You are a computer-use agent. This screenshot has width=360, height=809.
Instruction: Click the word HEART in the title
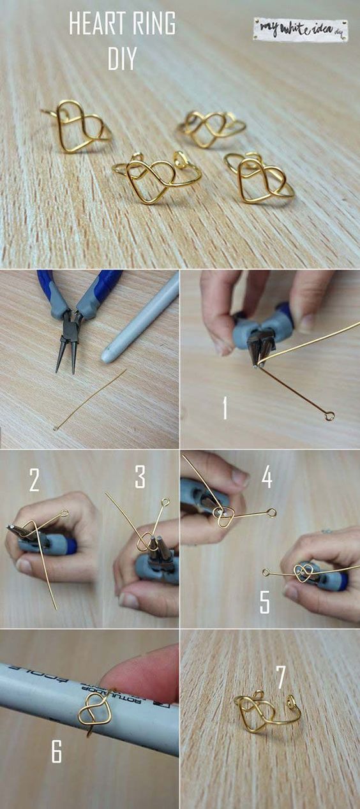click(x=96, y=26)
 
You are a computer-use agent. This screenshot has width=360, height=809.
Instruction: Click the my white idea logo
click(x=299, y=29)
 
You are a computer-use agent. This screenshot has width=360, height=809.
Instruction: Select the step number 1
click(x=225, y=408)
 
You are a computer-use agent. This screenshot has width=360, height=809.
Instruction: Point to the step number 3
click(x=140, y=477)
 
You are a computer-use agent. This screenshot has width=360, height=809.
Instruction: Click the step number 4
click(x=267, y=476)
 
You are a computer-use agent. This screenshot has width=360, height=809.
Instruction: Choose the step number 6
click(x=57, y=753)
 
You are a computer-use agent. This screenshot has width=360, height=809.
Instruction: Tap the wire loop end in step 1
click(x=329, y=416)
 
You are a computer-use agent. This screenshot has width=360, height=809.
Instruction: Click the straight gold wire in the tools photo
click(x=89, y=399)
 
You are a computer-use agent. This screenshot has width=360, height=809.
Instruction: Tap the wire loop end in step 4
click(x=272, y=512)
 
